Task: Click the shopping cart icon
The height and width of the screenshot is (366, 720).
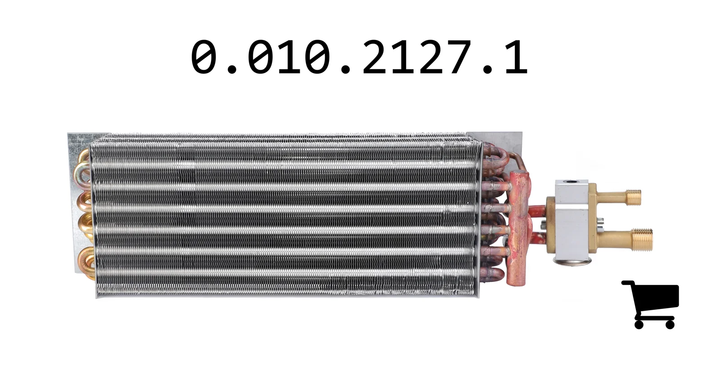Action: point(652,304)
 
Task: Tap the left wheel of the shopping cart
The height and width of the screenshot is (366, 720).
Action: point(639,325)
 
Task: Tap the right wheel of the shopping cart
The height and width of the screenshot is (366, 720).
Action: point(670,325)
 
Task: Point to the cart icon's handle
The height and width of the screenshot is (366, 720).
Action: point(627,283)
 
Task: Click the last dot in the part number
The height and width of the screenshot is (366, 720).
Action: point(488,69)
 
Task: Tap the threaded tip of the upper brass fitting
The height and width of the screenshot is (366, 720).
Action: point(633,197)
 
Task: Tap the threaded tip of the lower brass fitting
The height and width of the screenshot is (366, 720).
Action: point(643,240)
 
